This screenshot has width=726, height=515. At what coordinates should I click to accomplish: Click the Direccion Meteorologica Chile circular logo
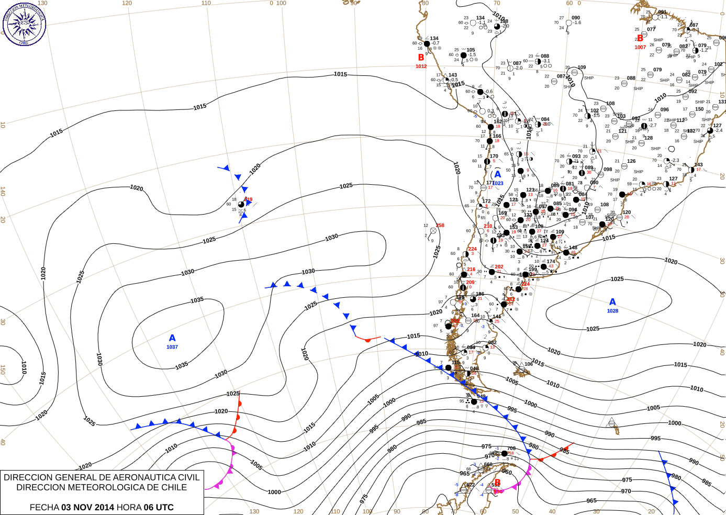[24, 24]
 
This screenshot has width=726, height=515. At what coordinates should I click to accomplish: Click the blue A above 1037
[172, 338]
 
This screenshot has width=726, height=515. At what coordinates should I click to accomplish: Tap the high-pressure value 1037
[172, 347]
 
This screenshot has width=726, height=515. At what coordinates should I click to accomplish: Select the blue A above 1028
[612, 302]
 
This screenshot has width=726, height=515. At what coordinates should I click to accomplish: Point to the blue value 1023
[498, 183]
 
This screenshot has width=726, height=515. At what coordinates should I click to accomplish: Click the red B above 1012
[421, 58]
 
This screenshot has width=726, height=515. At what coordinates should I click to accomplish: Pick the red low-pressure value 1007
[640, 47]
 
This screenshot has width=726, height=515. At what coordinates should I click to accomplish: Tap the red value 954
[498, 491]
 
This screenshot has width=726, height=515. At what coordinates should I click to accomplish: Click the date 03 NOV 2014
[87, 507]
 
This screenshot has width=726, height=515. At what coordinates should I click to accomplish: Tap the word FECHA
[44, 507]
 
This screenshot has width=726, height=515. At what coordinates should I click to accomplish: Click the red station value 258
[440, 226]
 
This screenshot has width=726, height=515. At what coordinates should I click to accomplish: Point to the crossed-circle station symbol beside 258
[433, 231]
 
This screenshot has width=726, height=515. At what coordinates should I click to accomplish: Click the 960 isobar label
[507, 472]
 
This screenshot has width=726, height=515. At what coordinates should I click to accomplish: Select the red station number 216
[471, 270]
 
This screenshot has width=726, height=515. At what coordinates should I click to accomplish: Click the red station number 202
[499, 267]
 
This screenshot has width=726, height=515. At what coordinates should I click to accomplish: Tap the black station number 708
[511, 449]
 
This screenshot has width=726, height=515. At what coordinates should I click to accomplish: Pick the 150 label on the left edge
[3, 370]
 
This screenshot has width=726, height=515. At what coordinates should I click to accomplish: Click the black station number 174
[551, 262]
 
